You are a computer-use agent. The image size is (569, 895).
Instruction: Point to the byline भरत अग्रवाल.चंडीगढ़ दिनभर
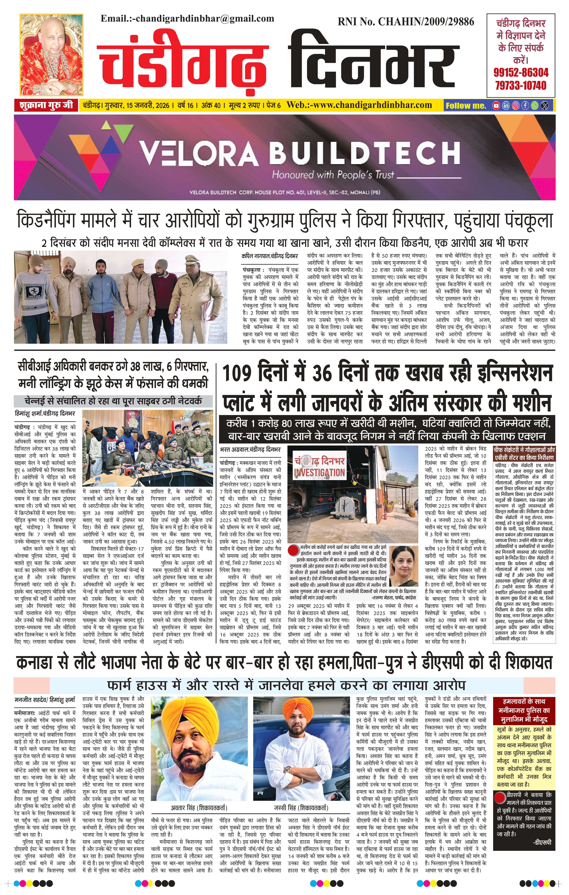250,450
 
